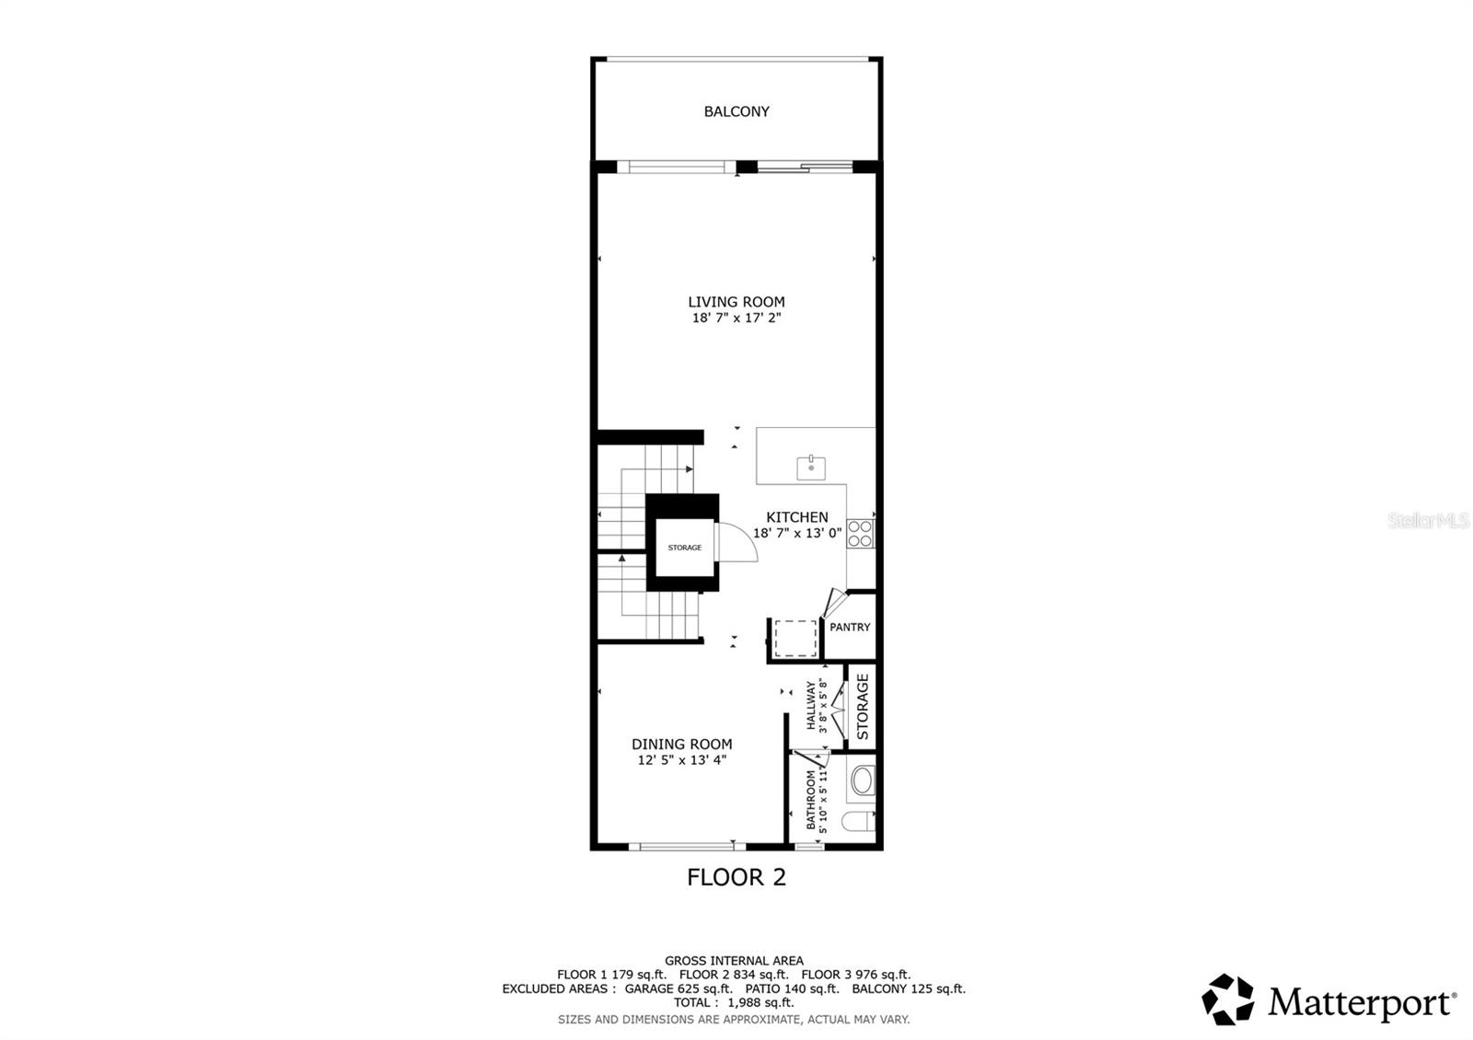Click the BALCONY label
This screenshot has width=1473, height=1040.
(736, 111)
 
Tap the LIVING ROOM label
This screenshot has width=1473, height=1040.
(736, 302)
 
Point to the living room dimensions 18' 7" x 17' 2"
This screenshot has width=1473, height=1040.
(736, 318)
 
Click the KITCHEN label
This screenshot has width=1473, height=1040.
(797, 517)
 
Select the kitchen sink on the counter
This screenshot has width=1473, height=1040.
(810, 468)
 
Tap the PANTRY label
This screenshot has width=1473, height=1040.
(850, 628)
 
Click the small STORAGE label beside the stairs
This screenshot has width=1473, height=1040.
(684, 548)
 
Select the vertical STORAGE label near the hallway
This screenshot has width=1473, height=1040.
(863, 707)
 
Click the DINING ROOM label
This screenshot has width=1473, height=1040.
(682, 745)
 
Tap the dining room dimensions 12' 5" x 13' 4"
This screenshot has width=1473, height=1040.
(682, 761)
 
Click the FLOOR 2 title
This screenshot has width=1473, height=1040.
(736, 877)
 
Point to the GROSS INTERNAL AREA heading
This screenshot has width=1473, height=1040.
(734, 961)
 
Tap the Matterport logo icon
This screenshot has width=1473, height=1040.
(1228, 1000)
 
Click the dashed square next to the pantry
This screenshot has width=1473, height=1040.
(795, 638)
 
